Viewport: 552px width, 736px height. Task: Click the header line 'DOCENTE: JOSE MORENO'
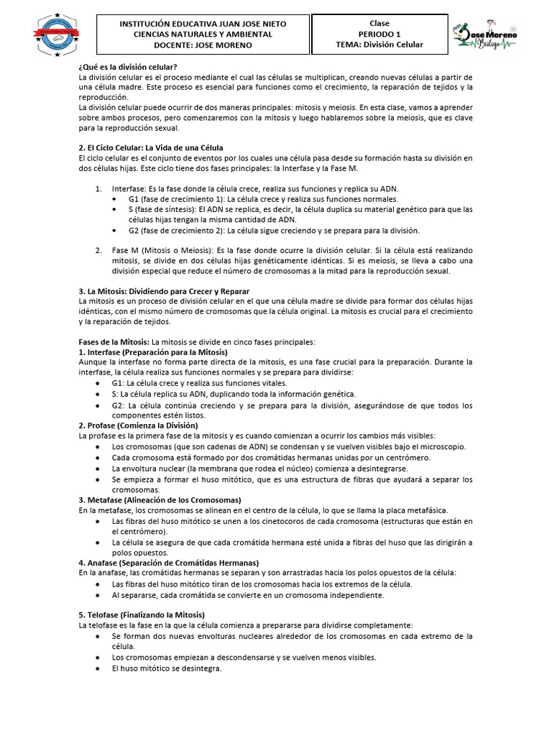click(203, 45)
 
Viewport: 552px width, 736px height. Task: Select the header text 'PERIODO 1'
click(379, 34)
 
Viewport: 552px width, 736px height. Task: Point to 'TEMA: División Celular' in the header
click(379, 45)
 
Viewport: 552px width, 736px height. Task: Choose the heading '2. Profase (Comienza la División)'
click(138, 425)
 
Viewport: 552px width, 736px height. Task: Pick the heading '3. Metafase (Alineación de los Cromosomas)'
click(160, 499)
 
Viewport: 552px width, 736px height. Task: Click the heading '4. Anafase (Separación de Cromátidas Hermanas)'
click(169, 562)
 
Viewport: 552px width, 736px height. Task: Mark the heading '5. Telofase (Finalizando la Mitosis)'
click(142, 615)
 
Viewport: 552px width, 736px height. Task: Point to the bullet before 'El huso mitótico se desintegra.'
click(97, 668)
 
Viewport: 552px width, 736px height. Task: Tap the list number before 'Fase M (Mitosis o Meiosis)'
click(98, 250)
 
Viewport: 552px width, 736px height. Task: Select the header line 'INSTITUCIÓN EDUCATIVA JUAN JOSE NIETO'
click(203, 24)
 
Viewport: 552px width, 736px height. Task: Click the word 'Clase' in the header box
click(379, 24)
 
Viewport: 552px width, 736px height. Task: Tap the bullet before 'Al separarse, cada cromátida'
click(97, 595)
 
